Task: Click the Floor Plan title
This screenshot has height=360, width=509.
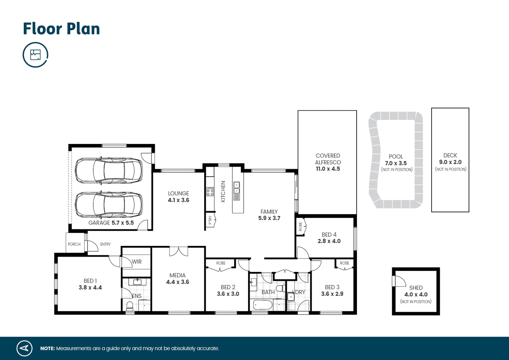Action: tap(61, 29)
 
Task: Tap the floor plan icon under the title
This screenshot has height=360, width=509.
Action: tap(35, 55)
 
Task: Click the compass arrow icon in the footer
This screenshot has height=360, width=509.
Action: tap(24, 348)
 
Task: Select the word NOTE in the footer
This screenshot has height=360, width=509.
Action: tap(48, 348)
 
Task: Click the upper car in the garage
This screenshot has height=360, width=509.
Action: tap(109, 170)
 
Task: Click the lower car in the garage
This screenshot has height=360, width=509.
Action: tap(109, 205)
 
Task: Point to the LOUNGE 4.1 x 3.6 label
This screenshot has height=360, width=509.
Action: tap(178, 197)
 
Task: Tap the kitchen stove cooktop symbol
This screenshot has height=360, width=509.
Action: tap(210, 192)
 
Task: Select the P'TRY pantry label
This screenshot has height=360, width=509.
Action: tap(210, 220)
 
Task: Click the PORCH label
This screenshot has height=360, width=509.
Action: tap(74, 244)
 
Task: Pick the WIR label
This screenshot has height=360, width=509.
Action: tap(137, 262)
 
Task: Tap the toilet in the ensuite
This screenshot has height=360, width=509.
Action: tap(130, 306)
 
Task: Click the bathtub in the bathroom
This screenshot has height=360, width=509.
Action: tap(263, 305)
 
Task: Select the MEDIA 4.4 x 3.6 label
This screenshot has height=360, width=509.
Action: tap(177, 278)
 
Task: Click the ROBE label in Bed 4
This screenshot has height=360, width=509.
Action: tap(300, 227)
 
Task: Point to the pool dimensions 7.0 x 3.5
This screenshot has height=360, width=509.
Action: tap(396, 163)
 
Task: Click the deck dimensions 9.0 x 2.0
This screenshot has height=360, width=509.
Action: tap(450, 162)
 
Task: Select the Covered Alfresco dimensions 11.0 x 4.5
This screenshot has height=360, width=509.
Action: tap(328, 169)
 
